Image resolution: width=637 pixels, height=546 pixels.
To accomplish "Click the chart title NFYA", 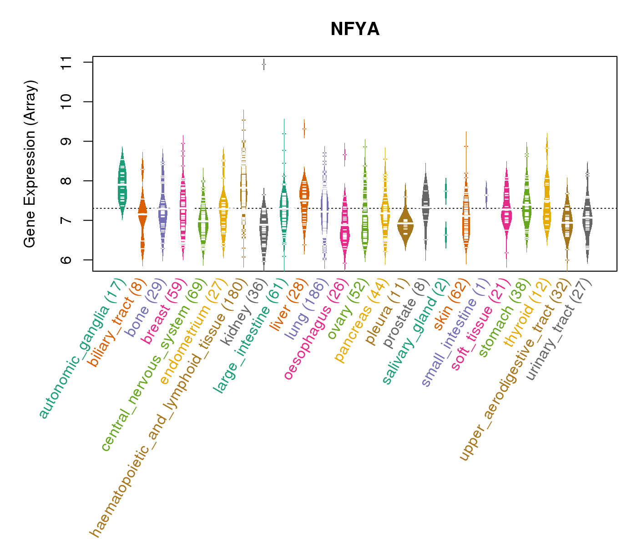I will (x=355, y=30).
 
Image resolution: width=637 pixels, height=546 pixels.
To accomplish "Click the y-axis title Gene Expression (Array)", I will (x=30, y=164).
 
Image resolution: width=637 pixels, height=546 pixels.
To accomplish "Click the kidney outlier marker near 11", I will (x=264, y=65).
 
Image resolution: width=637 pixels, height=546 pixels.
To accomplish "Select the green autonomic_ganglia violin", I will (x=122, y=182).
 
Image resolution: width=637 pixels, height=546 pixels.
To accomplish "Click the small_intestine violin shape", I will (x=486, y=195).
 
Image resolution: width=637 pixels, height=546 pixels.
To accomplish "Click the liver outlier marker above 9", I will (x=304, y=129).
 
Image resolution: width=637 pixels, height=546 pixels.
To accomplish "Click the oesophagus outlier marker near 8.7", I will (x=345, y=155).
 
